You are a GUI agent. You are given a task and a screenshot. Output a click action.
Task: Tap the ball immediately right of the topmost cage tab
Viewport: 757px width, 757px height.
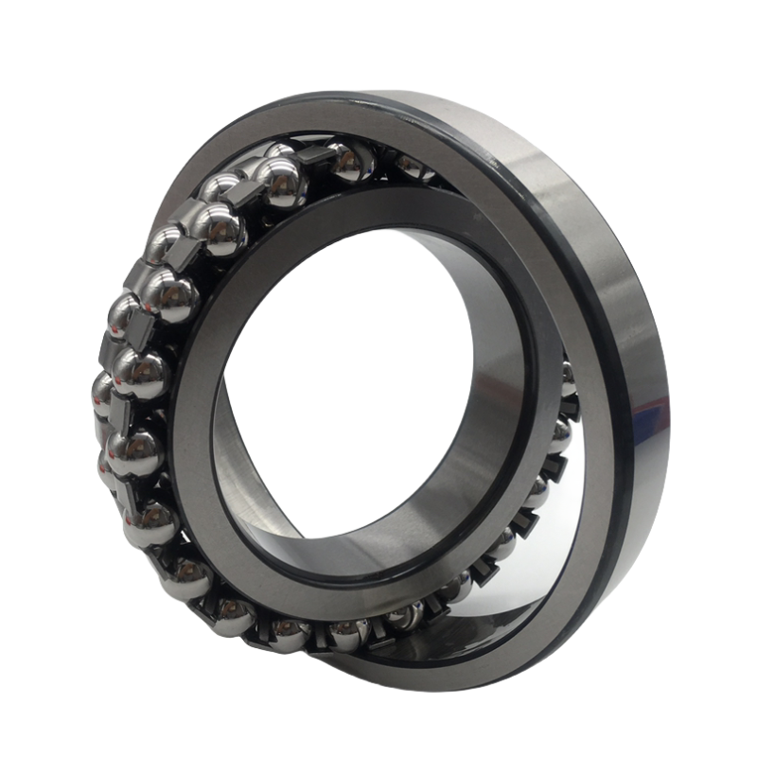[x=351, y=163]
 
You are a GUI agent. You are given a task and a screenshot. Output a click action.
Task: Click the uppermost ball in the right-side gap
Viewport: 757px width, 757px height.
[x=568, y=378]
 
